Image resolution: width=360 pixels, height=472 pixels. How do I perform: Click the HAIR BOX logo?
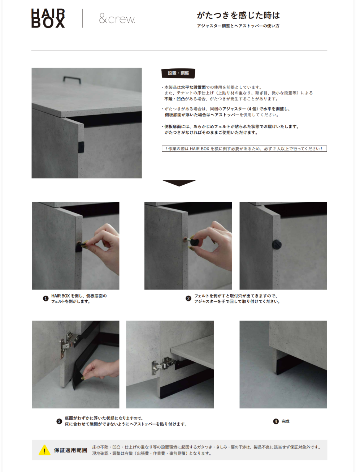tap(48, 18)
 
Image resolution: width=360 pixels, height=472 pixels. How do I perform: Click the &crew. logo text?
tap(117, 19)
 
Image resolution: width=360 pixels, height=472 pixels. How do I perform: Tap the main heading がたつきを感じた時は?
tap(238, 15)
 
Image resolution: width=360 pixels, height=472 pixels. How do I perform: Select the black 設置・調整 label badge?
tap(178, 73)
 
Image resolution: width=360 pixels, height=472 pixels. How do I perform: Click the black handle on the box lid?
tap(72, 79)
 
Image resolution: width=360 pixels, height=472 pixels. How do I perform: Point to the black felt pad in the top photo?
tap(81, 147)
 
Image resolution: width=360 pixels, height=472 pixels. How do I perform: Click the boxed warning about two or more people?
tap(244, 149)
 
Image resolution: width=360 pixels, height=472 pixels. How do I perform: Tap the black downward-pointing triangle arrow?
tap(179, 183)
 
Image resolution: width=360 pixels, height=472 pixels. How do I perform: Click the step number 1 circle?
tap(46, 299)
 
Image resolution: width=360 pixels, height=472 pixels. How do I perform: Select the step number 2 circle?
tap(188, 299)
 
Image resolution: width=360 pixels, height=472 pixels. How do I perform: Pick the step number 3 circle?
tap(59, 421)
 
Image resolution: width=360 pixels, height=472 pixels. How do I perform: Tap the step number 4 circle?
tap(276, 421)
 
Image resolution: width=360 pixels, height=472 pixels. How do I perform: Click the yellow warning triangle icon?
tap(44, 450)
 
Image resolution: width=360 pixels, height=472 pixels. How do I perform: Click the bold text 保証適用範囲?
tap(71, 450)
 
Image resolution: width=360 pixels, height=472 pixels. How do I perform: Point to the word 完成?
tap(286, 421)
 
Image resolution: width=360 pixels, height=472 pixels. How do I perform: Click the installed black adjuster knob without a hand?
tap(277, 244)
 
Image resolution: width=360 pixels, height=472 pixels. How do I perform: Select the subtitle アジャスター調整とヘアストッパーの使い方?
tap(238, 26)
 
